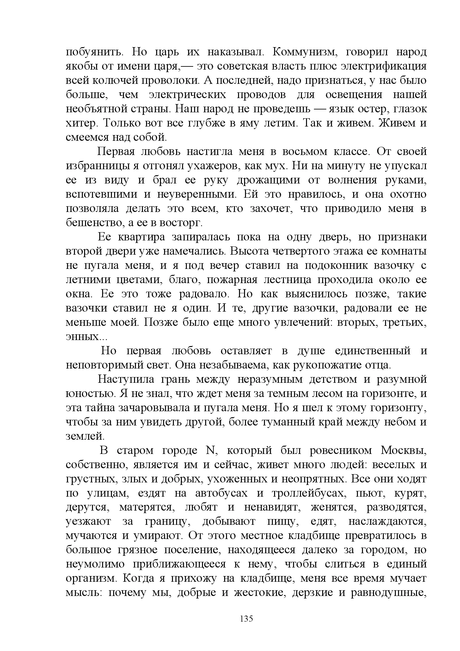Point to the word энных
coord(83,337)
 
